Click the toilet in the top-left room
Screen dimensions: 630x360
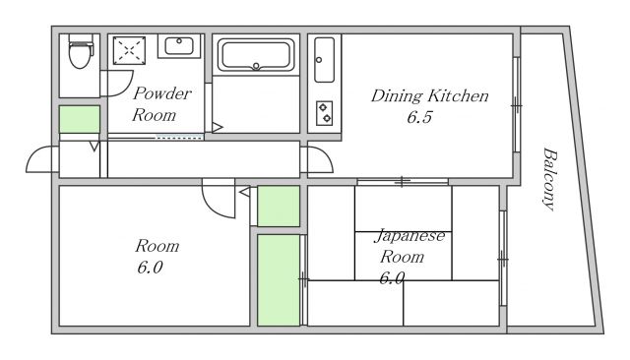click(81, 51)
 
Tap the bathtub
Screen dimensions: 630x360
click(256, 55)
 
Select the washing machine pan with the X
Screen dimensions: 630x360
click(129, 50)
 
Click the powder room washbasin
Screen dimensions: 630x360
click(179, 46)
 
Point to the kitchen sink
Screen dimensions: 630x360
click(324, 60)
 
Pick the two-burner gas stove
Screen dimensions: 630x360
click(324, 113)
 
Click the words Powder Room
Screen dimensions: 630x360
click(161, 104)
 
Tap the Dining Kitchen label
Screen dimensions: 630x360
click(429, 96)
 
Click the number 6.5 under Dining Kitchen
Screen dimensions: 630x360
click(419, 117)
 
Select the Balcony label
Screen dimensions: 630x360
click(549, 179)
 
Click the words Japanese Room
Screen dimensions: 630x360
click(409, 246)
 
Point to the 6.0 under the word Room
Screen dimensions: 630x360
click(150, 268)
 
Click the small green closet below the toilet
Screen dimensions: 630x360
click(80, 119)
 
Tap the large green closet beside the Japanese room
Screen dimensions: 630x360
click(279, 280)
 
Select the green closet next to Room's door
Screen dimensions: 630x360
click(279, 206)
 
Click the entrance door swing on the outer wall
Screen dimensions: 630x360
click(41, 159)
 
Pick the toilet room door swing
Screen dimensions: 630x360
click(117, 84)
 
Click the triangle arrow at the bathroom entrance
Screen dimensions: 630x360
click(217, 128)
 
